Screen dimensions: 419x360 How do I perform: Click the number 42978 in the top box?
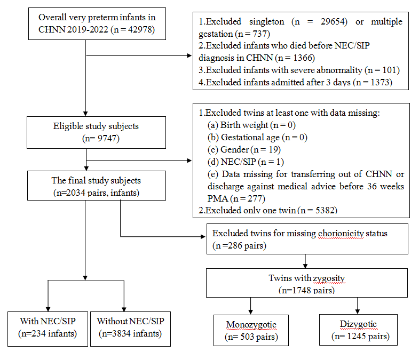tap(140, 29)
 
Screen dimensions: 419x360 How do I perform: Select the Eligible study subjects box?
tap(96, 132)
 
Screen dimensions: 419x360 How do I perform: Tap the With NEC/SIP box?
tap(48, 329)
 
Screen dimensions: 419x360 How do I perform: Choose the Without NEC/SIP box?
tap(130, 329)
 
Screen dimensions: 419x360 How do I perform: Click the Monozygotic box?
tap(251, 330)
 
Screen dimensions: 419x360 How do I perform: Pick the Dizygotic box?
tap(358, 330)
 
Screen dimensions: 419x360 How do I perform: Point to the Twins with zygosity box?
tap(307, 283)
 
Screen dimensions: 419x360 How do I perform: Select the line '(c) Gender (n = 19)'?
tap(244, 149)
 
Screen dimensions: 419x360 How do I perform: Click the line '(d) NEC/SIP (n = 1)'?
tap(246, 162)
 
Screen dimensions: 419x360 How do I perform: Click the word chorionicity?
tap(341, 234)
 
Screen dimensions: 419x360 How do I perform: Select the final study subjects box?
tap(97, 186)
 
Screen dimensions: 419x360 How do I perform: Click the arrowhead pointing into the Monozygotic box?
tap(251, 311)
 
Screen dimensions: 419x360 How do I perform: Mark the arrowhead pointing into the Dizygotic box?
tap(358, 311)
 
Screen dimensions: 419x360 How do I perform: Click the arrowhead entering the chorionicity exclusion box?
tap(203, 237)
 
